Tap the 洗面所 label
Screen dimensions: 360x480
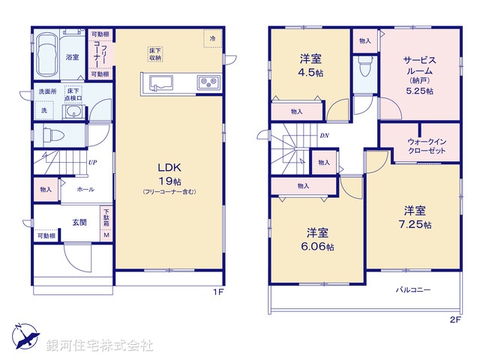[x=47, y=92]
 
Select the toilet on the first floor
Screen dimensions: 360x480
[x=56, y=135]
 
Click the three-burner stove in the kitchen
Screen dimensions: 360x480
[x=207, y=82]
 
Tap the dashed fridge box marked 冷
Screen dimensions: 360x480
[x=212, y=38]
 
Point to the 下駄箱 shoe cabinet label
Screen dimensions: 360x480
[x=106, y=220]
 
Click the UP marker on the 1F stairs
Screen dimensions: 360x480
[x=91, y=162]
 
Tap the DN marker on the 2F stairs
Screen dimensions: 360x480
[x=324, y=136]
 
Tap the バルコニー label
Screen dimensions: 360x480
[x=413, y=290]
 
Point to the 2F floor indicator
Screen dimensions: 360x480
[x=455, y=318]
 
